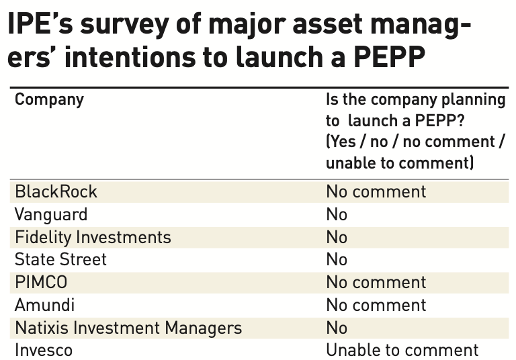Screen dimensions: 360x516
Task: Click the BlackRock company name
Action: click(x=56, y=191)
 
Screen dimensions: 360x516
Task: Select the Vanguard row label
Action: click(x=51, y=214)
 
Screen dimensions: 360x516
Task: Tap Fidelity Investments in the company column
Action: click(x=93, y=237)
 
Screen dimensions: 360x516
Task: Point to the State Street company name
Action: click(x=60, y=259)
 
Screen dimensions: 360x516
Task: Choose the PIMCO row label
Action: click(x=42, y=282)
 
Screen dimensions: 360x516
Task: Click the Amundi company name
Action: click(x=44, y=305)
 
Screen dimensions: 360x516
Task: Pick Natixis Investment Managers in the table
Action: click(x=128, y=328)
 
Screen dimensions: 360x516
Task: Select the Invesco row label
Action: click(x=44, y=350)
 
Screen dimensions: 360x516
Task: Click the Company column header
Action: click(x=49, y=100)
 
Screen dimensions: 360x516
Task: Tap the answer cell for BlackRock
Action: click(x=376, y=191)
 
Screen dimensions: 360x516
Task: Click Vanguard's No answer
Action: click(x=337, y=214)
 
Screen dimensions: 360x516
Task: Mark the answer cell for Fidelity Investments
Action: click(x=337, y=237)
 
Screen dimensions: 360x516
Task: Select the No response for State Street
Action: click(x=337, y=259)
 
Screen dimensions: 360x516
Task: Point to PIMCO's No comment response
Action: click(x=376, y=282)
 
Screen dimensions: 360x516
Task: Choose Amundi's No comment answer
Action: click(x=376, y=305)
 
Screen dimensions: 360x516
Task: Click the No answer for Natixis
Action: click(x=337, y=328)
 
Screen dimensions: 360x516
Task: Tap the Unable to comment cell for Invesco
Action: click(x=402, y=350)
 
